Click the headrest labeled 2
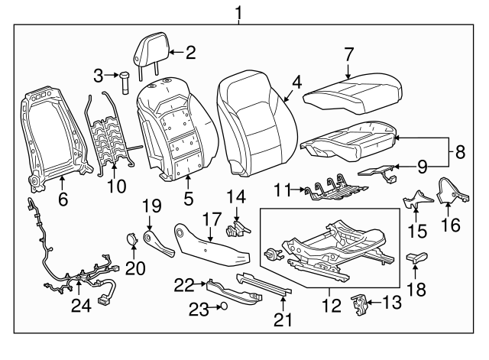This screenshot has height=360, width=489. click(x=152, y=50)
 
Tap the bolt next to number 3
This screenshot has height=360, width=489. click(x=125, y=83)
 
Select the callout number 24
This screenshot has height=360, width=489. click(x=82, y=306)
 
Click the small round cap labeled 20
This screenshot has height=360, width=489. click(x=132, y=239)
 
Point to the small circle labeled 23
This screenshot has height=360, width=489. click(x=224, y=306)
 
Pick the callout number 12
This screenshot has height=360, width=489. click(x=332, y=306)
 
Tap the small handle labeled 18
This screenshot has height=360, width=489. click(x=416, y=258)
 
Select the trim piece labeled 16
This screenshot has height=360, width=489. click(x=453, y=191)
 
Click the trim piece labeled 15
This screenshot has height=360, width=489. click(x=417, y=199)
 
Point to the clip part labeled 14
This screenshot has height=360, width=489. click(x=237, y=229)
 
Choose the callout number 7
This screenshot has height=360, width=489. click(x=349, y=54)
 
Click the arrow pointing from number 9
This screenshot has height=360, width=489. click(x=406, y=167)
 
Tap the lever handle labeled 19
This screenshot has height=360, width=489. click(x=158, y=243)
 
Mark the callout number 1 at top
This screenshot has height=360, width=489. click(x=238, y=13)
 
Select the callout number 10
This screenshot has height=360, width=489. click(x=116, y=186)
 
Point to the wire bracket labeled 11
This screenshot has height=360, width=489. click(x=336, y=192)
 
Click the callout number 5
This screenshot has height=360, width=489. click(x=189, y=199)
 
